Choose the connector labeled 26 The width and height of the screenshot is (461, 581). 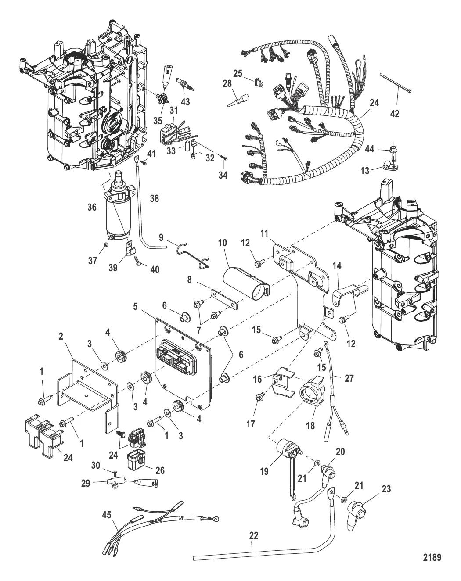coord(138,461)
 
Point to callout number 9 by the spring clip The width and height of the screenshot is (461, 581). coord(161,238)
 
